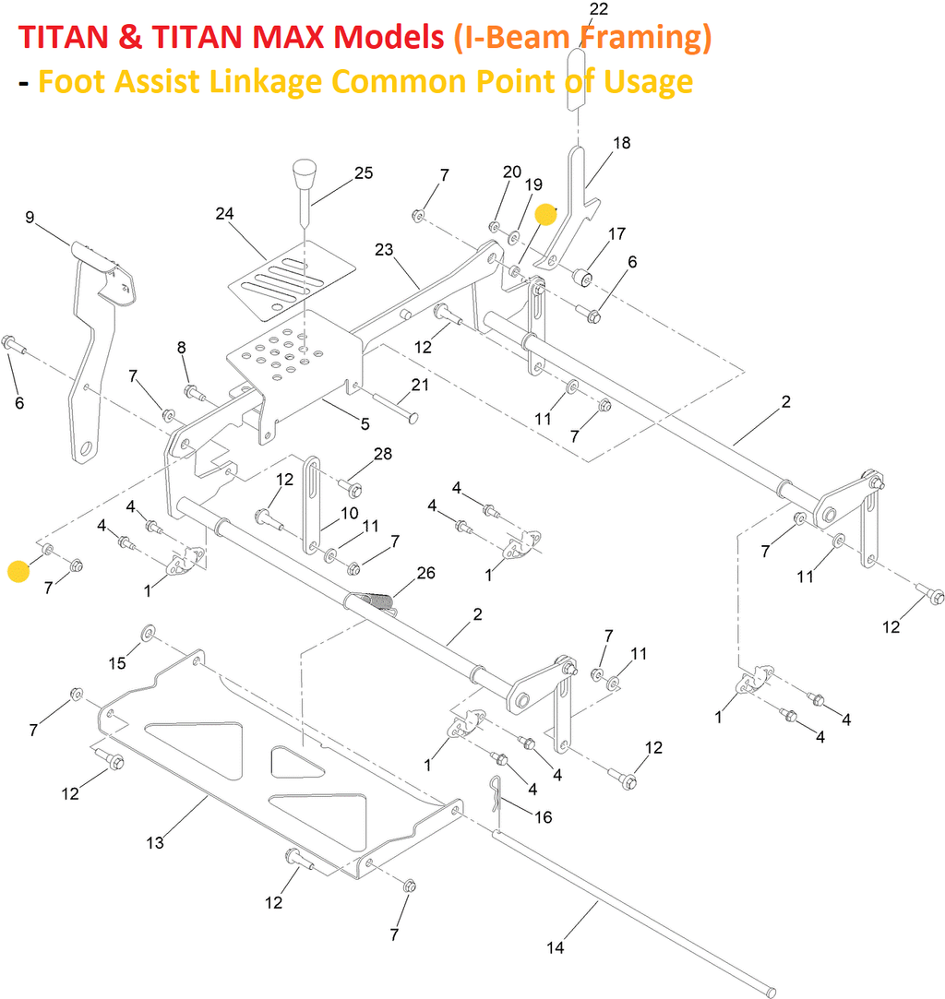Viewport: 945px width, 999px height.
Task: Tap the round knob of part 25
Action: coord(303,171)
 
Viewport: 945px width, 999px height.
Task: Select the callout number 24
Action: coord(224,213)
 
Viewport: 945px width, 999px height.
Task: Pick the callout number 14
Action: coord(555,947)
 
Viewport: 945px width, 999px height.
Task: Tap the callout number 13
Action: coord(155,842)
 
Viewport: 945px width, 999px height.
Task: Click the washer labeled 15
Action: coord(147,634)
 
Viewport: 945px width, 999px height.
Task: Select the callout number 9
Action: coord(30,218)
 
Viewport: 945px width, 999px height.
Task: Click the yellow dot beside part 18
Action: coord(546,215)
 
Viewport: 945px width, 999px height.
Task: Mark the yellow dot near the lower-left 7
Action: coord(18,571)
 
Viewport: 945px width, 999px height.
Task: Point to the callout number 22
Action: coord(598,9)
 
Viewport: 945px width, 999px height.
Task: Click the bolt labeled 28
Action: coord(353,485)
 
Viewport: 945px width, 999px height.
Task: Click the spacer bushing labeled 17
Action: coord(583,276)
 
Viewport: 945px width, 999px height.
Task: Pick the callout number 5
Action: coord(365,424)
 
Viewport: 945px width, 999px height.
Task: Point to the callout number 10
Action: coord(350,512)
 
